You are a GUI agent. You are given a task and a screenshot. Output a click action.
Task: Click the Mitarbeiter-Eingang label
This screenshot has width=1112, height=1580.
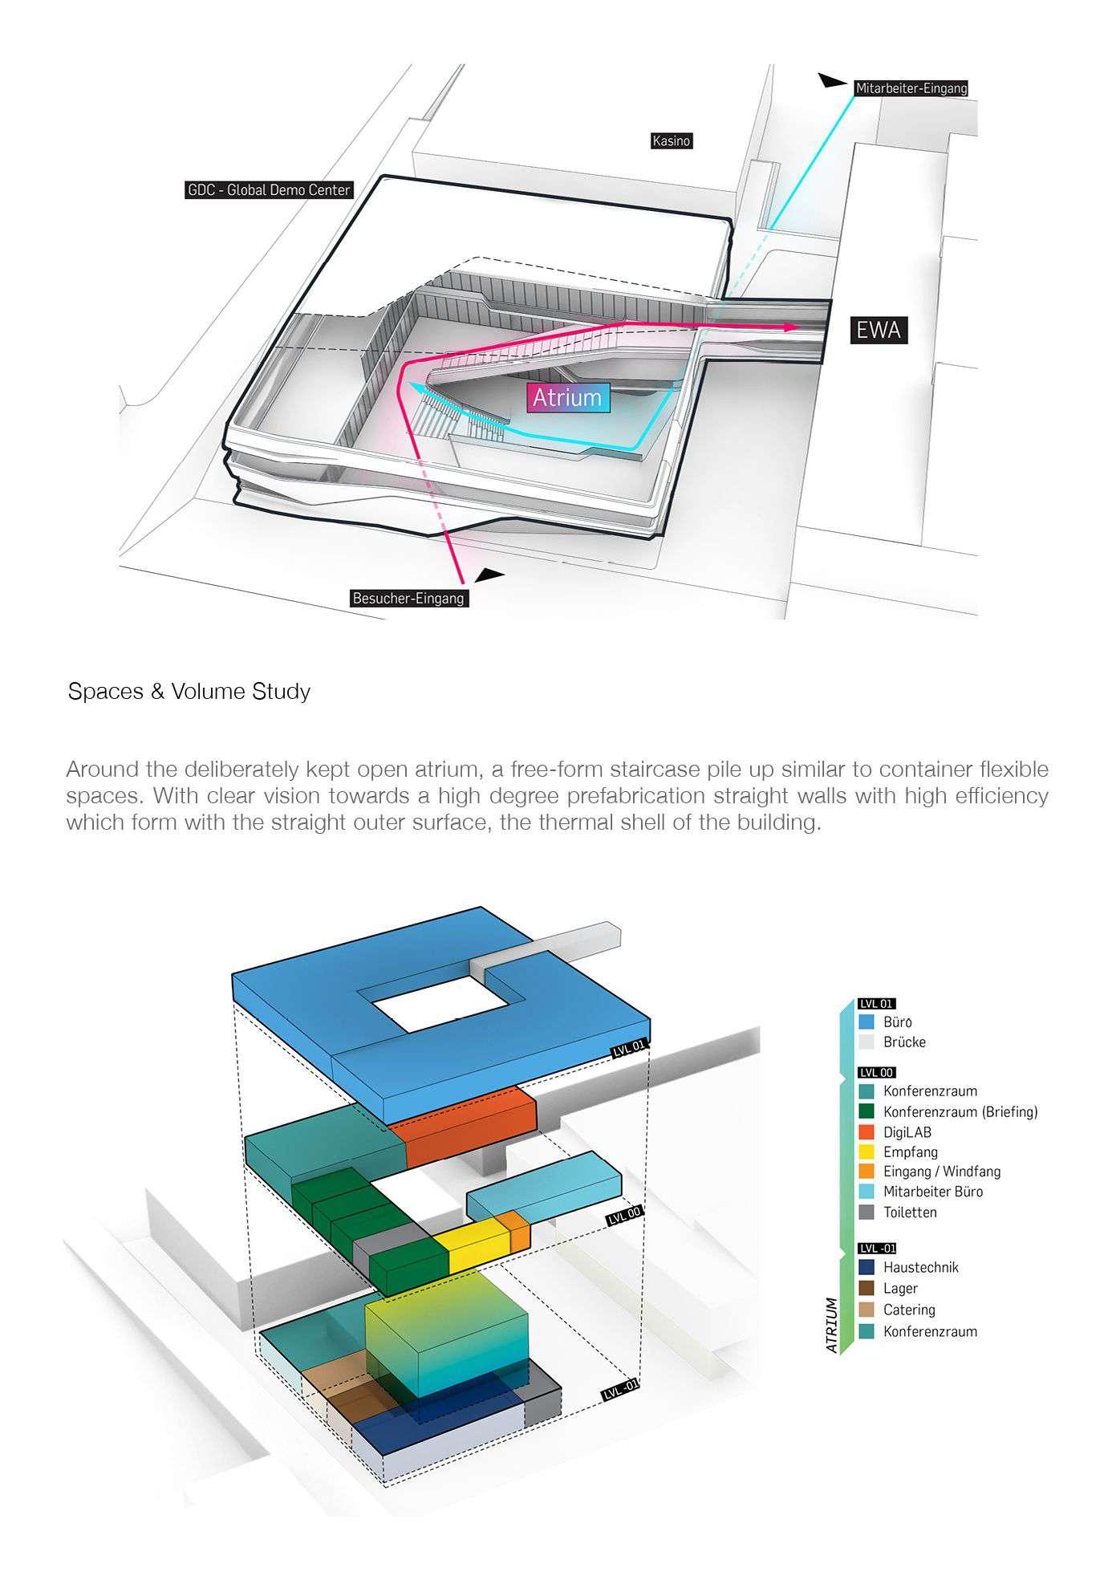click(911, 89)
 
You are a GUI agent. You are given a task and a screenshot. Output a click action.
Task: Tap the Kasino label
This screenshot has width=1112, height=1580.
click(671, 141)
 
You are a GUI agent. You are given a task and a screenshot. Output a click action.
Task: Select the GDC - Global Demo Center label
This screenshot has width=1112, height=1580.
click(269, 191)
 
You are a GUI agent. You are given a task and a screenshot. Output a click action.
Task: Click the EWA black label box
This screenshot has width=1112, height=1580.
click(879, 331)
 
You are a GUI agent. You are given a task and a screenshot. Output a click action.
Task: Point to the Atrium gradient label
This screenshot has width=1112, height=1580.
click(567, 398)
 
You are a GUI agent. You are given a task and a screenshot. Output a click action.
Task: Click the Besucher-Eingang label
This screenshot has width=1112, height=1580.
click(408, 599)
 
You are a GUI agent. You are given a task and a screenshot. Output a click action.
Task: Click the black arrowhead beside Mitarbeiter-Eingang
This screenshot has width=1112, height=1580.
click(833, 80)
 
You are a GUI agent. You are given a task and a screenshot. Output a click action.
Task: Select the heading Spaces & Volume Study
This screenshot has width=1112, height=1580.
click(189, 692)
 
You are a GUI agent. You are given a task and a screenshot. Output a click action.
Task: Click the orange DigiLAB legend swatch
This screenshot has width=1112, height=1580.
click(866, 1132)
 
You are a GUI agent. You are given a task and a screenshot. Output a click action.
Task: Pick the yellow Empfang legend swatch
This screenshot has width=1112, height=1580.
click(866, 1152)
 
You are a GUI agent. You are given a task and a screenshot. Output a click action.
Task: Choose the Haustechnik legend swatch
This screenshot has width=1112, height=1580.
click(866, 1268)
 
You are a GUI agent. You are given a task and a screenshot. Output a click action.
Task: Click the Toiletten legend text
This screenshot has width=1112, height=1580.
click(910, 1212)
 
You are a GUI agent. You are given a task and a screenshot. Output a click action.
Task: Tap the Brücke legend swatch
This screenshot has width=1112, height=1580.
click(866, 1042)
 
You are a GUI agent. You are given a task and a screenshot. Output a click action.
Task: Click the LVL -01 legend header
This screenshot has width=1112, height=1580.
click(876, 1249)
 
